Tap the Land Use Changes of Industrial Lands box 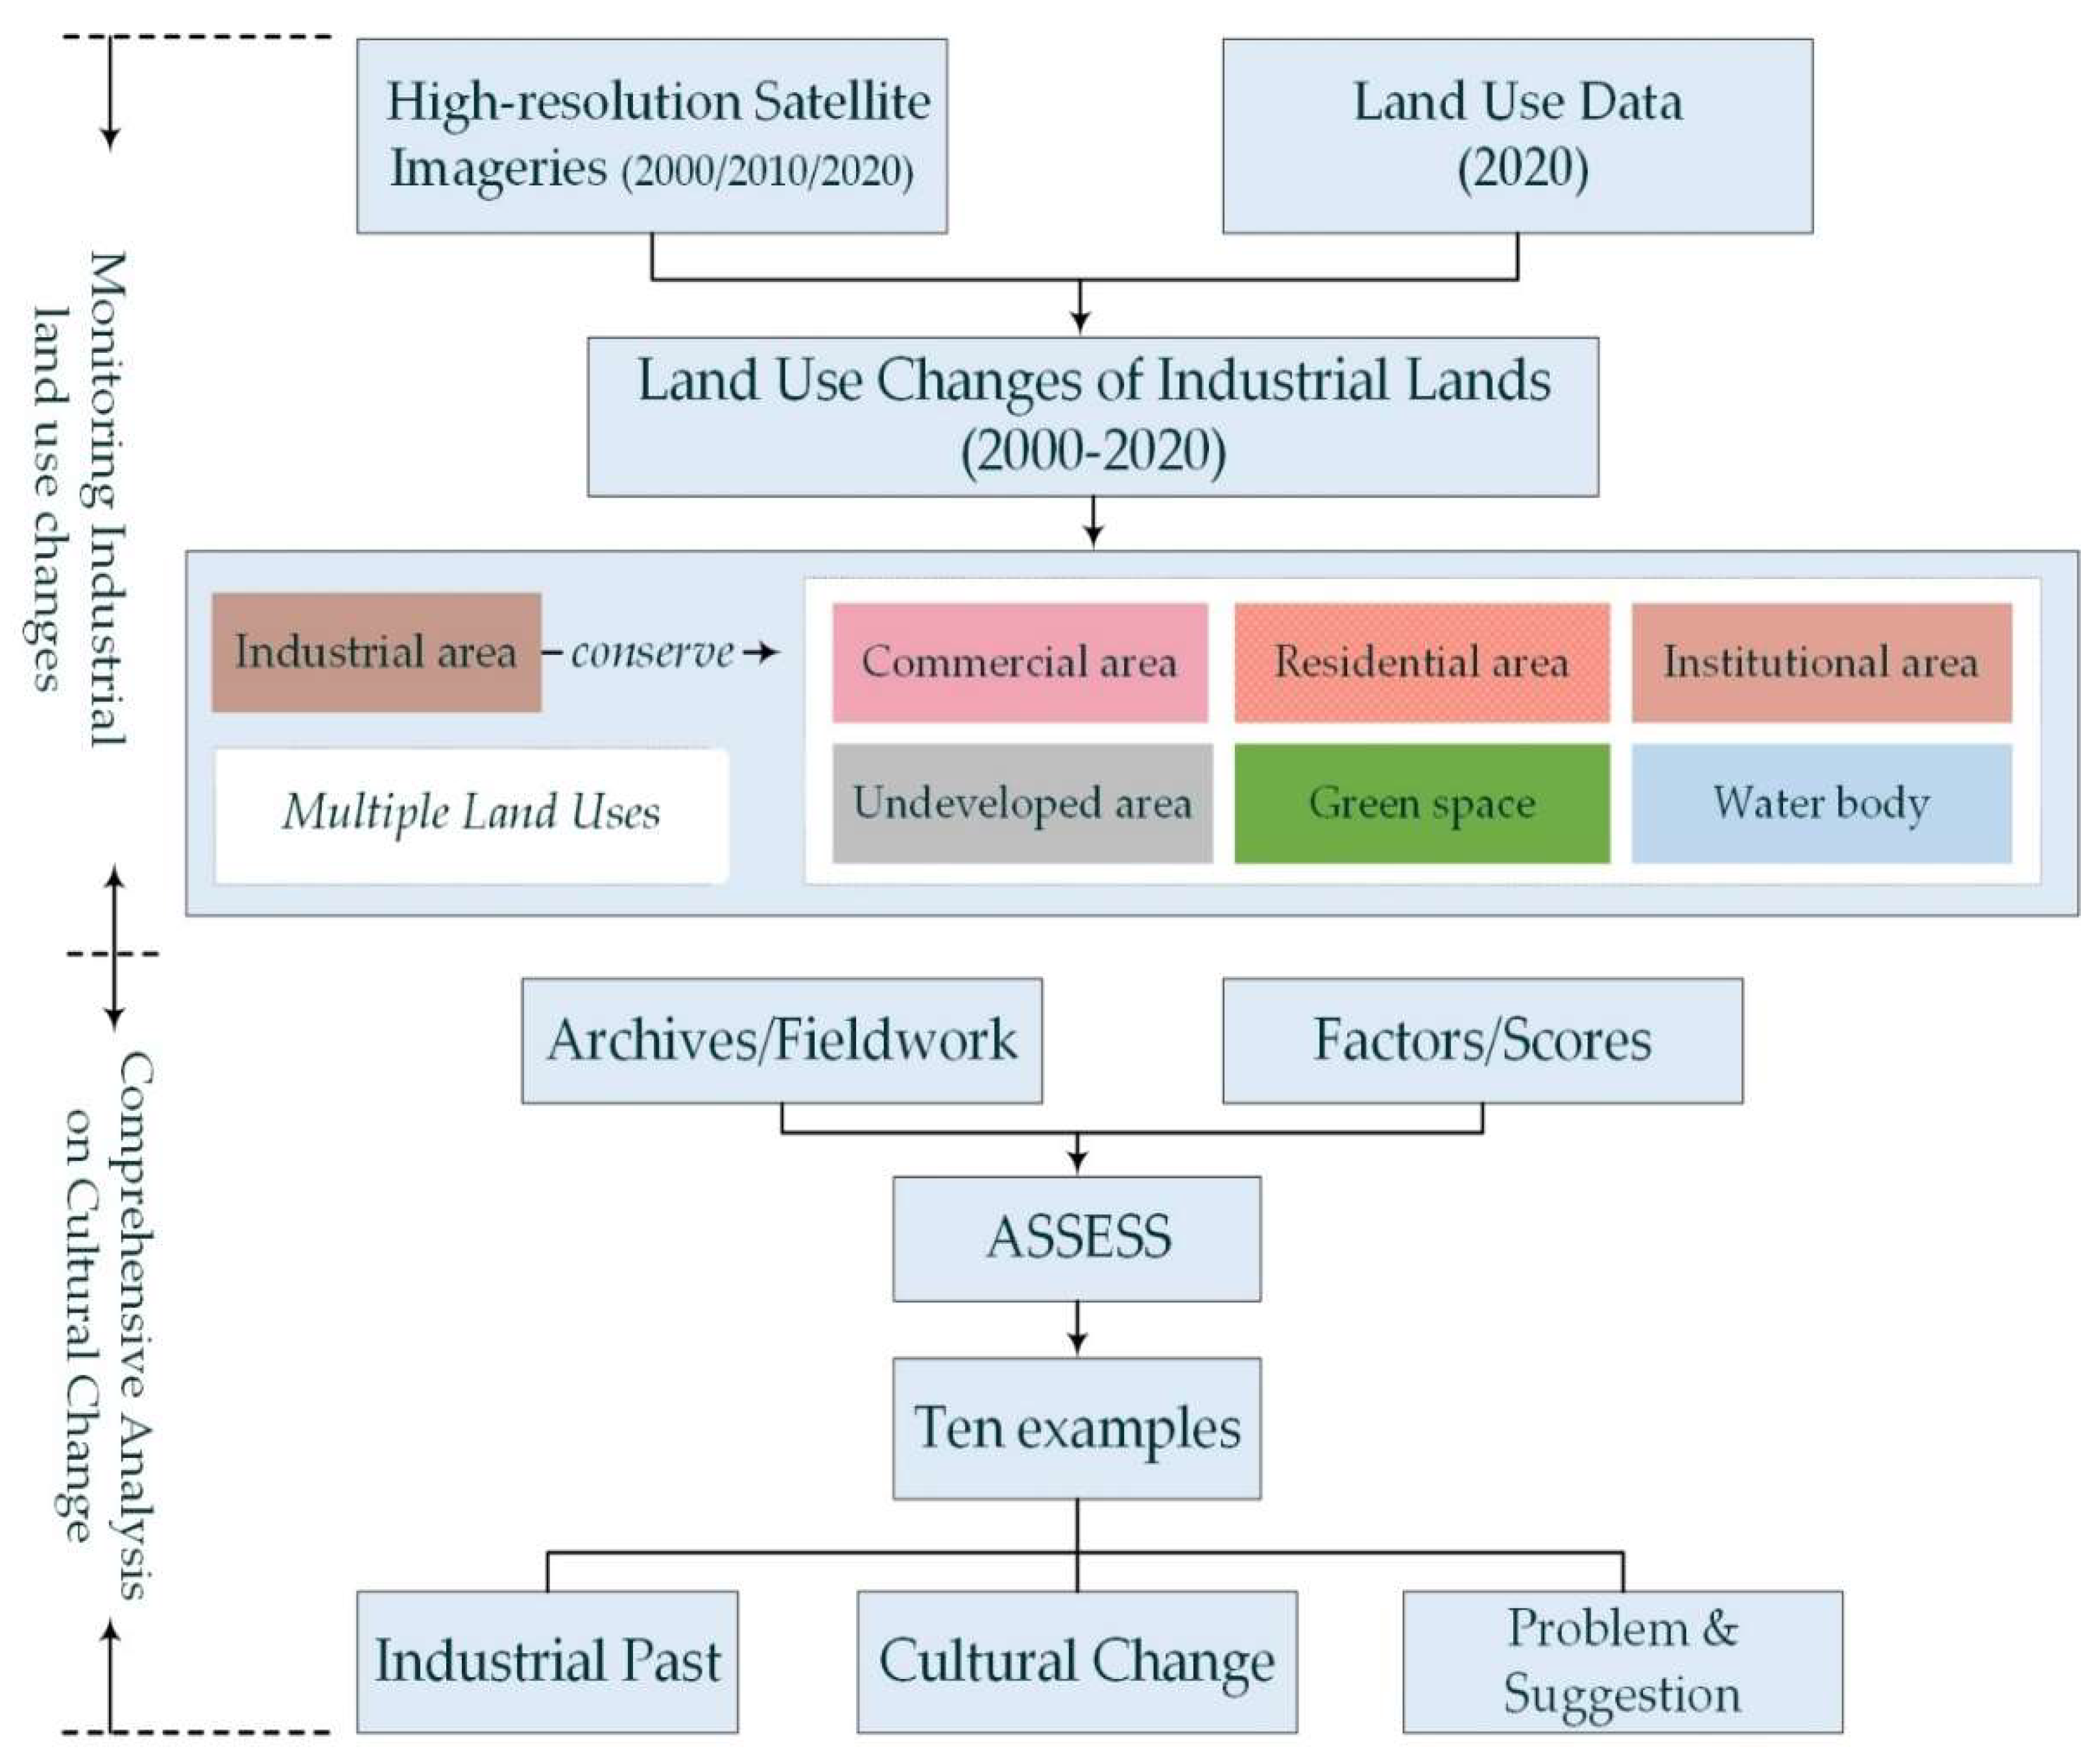point(1092,416)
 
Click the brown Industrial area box point(376,652)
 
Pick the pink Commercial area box point(1020,663)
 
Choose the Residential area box point(1422,663)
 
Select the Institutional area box point(1821,663)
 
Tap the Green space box point(1422,803)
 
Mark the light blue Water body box point(1821,803)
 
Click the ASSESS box point(1077,1238)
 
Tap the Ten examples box point(1077,1428)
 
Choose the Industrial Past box point(547,1662)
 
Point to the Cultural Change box point(1077,1662)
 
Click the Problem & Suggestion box point(1622,1662)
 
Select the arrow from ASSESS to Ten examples point(1077,1329)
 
